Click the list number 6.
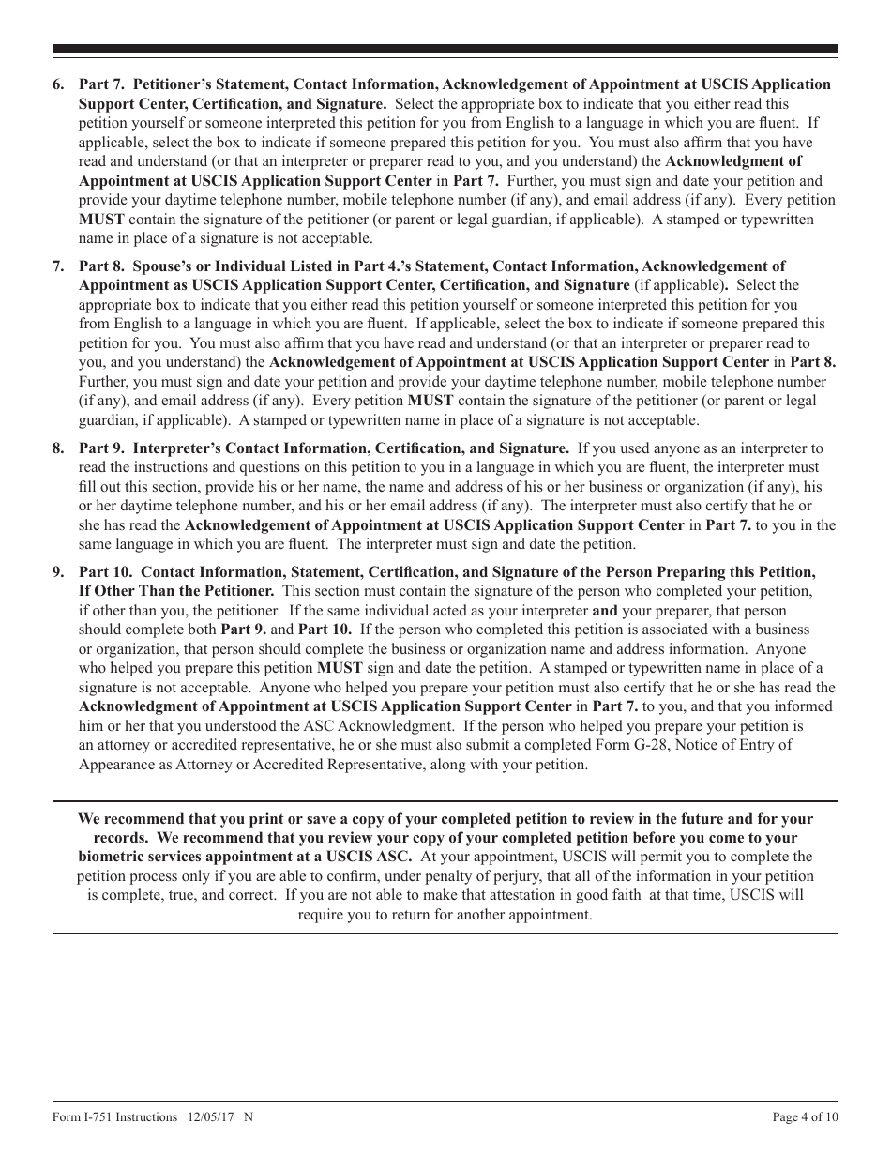[x=58, y=84]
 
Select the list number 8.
[x=58, y=448]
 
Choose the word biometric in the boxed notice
[x=108, y=857]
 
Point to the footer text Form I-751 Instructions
[x=114, y=1117]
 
